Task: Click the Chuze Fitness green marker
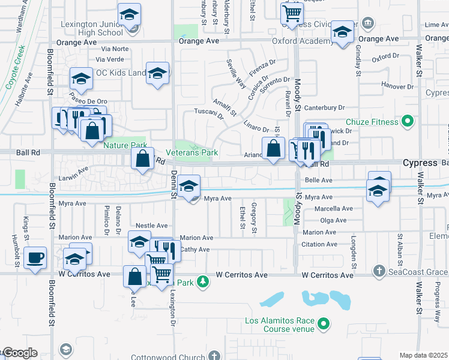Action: pos(408,122)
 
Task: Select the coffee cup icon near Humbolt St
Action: pos(36,258)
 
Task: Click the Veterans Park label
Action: pos(192,153)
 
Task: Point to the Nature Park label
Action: pos(125,145)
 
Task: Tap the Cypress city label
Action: pos(420,163)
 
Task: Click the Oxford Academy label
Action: pos(303,41)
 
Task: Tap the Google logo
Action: pos(19,353)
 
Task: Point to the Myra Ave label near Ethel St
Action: pos(217,199)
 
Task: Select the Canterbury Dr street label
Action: pos(326,108)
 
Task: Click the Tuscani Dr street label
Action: pos(208,114)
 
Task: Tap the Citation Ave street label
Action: pos(319,244)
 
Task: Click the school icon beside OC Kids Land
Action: pos(157,74)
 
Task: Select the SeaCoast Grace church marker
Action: pos(378,271)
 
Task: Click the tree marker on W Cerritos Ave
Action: pos(203,281)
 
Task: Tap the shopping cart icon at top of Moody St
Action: pos(292,13)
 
